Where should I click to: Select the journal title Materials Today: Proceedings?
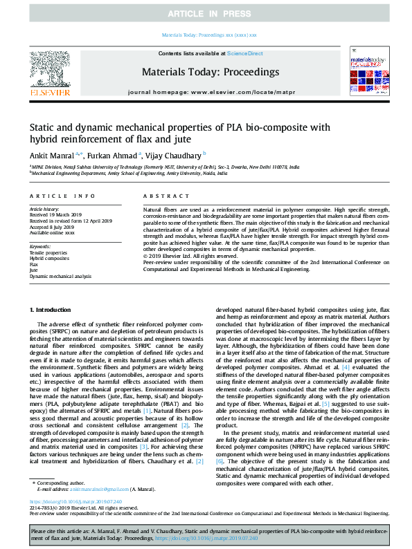coord(211,72)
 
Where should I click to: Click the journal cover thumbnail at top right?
coord(365,71)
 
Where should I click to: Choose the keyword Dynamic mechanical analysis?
coord(60,276)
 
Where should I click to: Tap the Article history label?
coord(45,208)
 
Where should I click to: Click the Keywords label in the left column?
coord(41,247)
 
